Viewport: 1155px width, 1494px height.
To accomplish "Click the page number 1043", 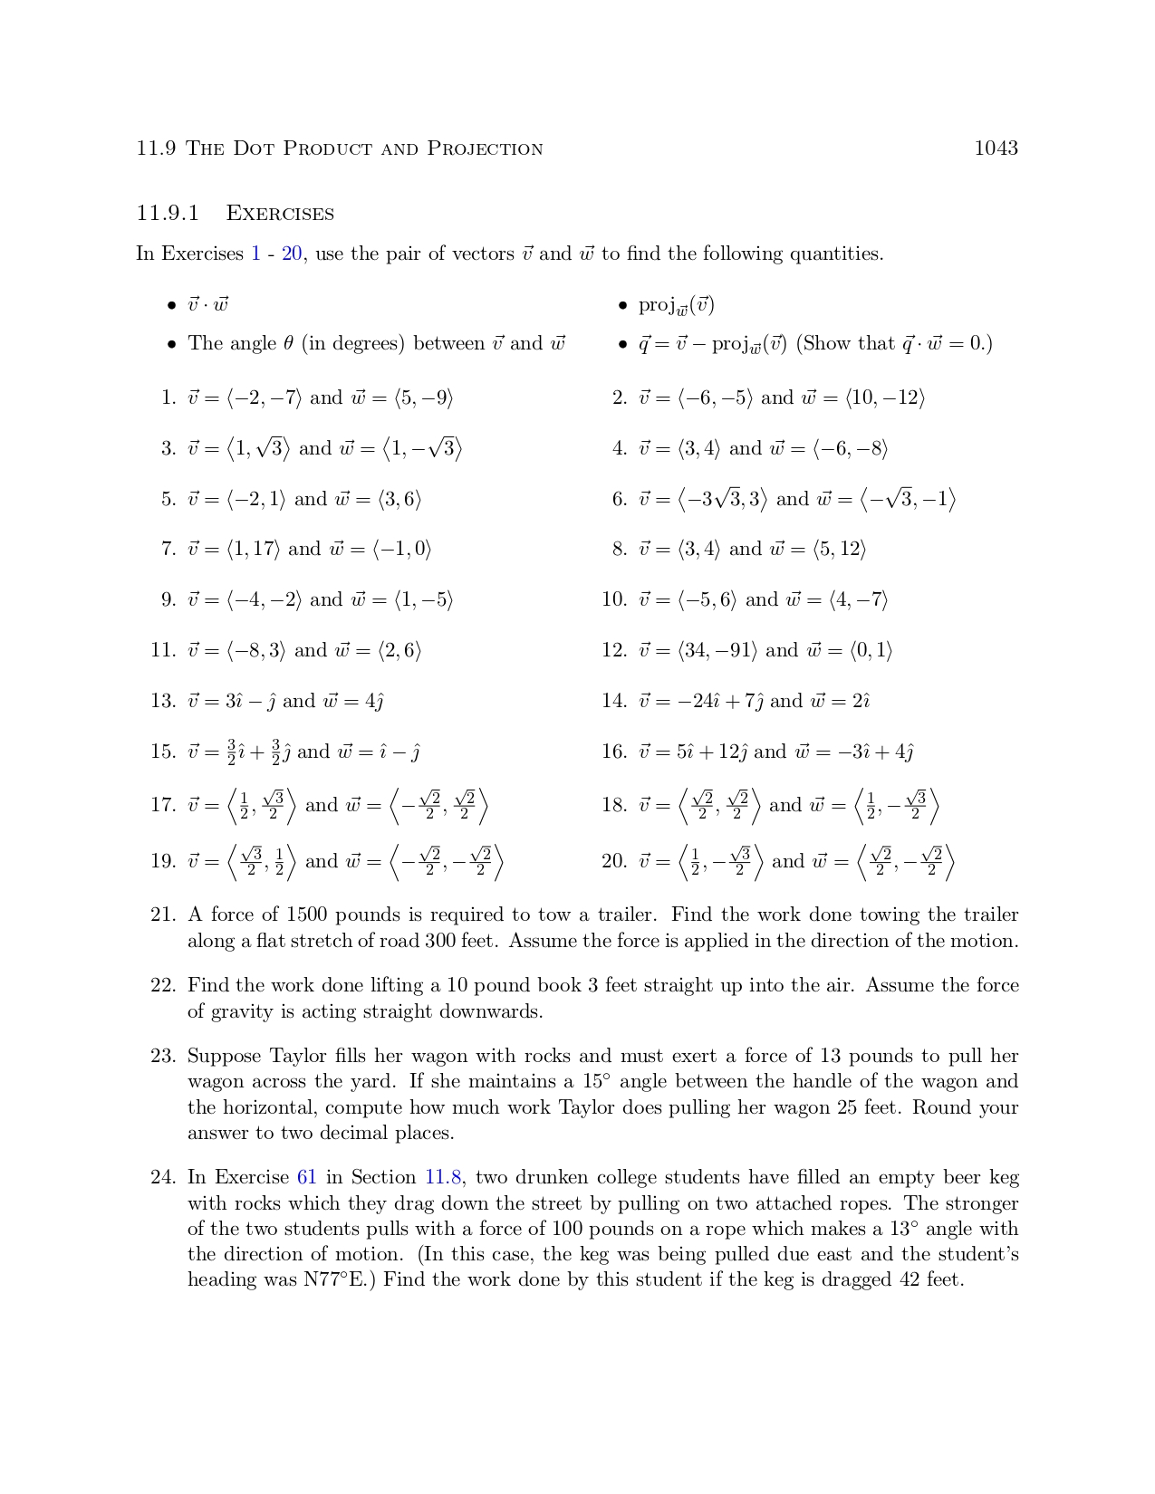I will [996, 148].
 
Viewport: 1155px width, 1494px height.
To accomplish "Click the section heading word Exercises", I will [280, 214].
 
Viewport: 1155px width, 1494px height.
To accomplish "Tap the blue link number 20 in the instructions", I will [292, 254].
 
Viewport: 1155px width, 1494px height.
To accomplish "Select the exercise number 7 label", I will [167, 549].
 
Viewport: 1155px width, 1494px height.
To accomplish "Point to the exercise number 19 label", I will [163, 861].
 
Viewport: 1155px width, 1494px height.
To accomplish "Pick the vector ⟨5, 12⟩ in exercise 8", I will [839, 549].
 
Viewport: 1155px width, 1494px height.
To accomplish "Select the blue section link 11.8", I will [443, 1178].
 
